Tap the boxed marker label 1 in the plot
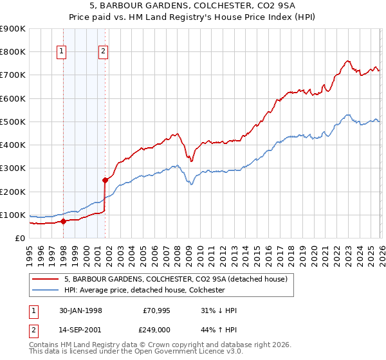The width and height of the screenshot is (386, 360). pyautogui.click(x=62, y=52)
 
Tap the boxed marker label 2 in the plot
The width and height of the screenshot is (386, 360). pyautogui.click(x=103, y=52)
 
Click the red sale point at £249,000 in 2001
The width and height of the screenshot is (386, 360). pyautogui.click(x=105, y=180)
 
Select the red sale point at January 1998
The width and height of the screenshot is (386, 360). pyautogui.click(x=63, y=221)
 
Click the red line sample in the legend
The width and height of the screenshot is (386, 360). pyautogui.click(x=46, y=279)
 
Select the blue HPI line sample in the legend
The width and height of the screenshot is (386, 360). pyautogui.click(x=46, y=291)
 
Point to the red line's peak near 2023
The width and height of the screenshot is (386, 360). pyautogui.click(x=347, y=61)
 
